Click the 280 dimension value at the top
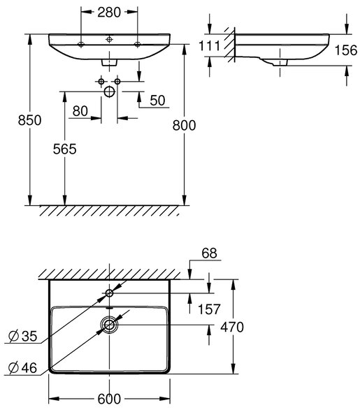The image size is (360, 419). [109, 13]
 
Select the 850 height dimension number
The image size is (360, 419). [29, 120]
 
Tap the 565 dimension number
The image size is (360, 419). [64, 149]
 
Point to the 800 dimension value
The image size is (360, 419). [184, 125]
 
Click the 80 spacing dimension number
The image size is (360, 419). [80, 111]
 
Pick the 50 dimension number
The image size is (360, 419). [157, 101]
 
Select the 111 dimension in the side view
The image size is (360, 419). [210, 46]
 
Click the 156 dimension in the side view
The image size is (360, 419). [346, 50]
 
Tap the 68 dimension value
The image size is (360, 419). [210, 253]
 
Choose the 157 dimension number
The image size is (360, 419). [209, 309]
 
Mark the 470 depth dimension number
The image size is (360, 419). [232, 327]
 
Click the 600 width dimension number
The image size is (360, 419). [109, 399]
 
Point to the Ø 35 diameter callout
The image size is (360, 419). [22, 336]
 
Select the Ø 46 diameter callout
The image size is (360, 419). [22, 368]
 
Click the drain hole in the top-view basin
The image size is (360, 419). [109, 325]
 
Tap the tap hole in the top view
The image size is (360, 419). [109, 293]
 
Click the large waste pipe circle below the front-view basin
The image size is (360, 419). [109, 91]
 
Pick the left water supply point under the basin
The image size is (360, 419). [101, 81]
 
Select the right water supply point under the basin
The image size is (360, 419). [117, 81]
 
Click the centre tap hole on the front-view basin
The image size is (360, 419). [109, 40]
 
